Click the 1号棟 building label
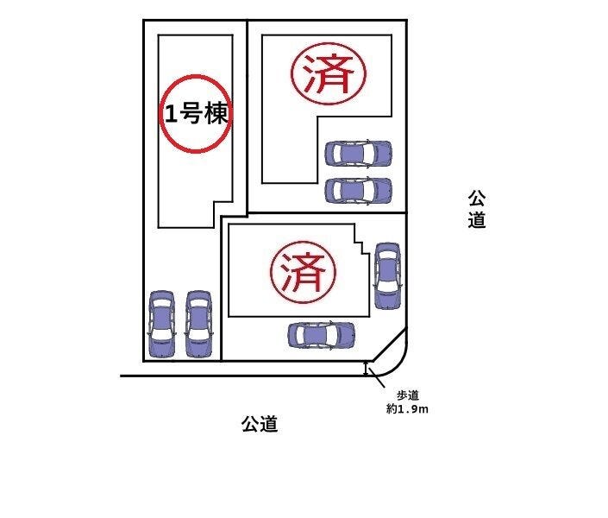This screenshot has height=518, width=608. point(197,114)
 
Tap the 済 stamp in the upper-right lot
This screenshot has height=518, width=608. point(329,73)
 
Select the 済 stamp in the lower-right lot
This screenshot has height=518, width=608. point(303,272)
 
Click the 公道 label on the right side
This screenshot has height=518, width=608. point(477,209)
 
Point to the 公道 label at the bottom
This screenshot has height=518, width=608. point(260,424)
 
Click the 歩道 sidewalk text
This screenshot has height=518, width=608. point(408,395)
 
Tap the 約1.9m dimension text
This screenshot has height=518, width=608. point(407,409)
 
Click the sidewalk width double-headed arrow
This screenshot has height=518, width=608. point(366,369)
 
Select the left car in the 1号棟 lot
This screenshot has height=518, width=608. point(161,324)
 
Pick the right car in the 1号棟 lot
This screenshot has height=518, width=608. point(198,324)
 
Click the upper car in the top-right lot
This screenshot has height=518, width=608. point(358,154)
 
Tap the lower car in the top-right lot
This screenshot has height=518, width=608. point(358,191)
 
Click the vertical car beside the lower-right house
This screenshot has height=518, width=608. point(387,276)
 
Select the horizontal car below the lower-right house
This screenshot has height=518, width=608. point(321,335)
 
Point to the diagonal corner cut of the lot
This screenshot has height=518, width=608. point(389,344)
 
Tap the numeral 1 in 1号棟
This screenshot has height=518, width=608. point(171,115)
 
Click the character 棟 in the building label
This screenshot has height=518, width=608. point(216,114)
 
